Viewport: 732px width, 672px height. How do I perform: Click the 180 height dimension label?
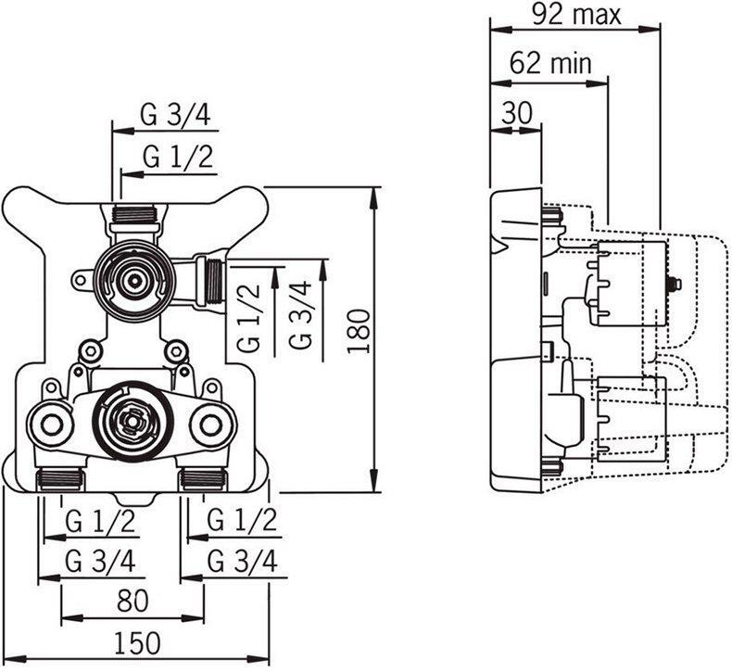tap(359, 331)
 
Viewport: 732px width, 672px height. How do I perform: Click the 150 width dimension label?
tap(137, 643)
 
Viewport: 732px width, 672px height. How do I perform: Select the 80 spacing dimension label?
tap(133, 601)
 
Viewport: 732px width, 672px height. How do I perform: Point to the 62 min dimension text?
tap(550, 63)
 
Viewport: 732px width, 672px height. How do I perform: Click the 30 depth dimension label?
tap(517, 112)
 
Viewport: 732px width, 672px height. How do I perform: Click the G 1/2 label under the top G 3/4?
tap(178, 157)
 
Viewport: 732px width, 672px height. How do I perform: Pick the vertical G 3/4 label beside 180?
tap(299, 314)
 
